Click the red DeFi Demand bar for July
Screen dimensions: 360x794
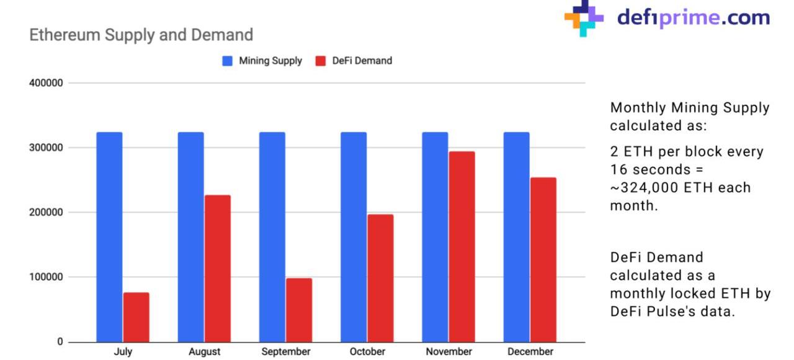[136, 317]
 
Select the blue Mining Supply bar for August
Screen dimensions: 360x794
[190, 236]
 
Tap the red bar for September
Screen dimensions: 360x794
[299, 310]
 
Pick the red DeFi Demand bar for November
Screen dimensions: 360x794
[462, 246]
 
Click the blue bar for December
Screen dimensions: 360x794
[517, 236]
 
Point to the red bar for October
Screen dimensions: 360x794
[380, 278]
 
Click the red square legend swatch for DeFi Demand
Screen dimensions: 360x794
[321, 61]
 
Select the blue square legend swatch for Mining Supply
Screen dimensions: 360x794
[228, 61]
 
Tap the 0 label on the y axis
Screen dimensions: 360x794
[60, 342]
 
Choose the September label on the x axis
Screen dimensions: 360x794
[285, 352]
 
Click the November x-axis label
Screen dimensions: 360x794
[448, 352]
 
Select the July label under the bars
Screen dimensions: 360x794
[123, 352]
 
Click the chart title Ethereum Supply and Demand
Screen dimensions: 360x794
[141, 35]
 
